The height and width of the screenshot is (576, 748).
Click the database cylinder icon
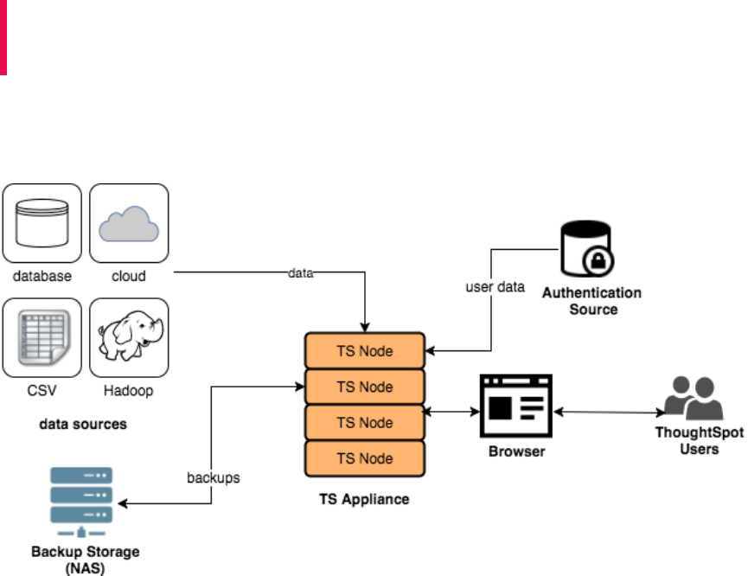click(42, 222)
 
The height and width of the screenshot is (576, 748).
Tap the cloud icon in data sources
click(129, 222)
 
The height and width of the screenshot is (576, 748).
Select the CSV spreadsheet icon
click(42, 337)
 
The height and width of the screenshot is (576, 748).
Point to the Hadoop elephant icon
click(129, 337)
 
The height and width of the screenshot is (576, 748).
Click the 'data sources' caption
click(82, 425)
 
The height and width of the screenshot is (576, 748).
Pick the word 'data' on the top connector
click(300, 273)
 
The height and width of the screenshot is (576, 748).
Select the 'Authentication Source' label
click(592, 301)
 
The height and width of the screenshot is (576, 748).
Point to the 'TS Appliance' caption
click(363, 499)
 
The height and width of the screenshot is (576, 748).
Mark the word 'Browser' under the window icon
click(517, 451)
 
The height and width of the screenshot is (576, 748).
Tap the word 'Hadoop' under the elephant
click(129, 391)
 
